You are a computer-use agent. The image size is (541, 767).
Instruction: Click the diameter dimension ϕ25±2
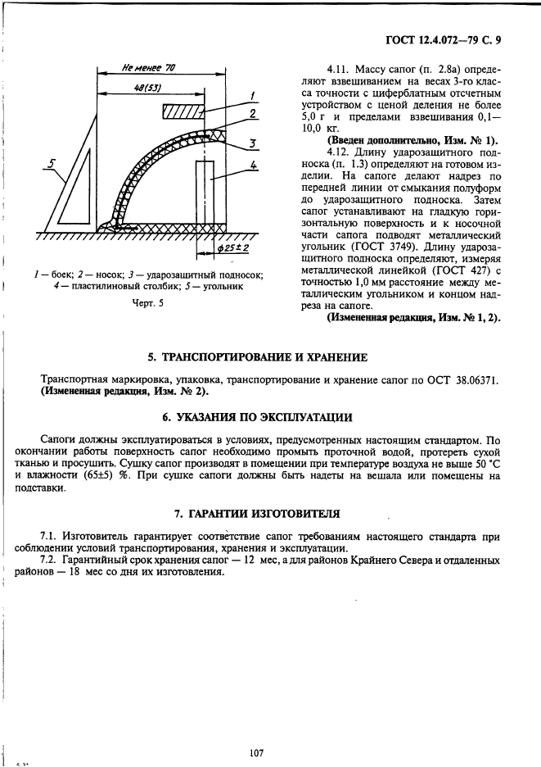pos(235,247)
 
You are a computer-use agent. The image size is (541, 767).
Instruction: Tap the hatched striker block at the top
pos(181,111)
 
